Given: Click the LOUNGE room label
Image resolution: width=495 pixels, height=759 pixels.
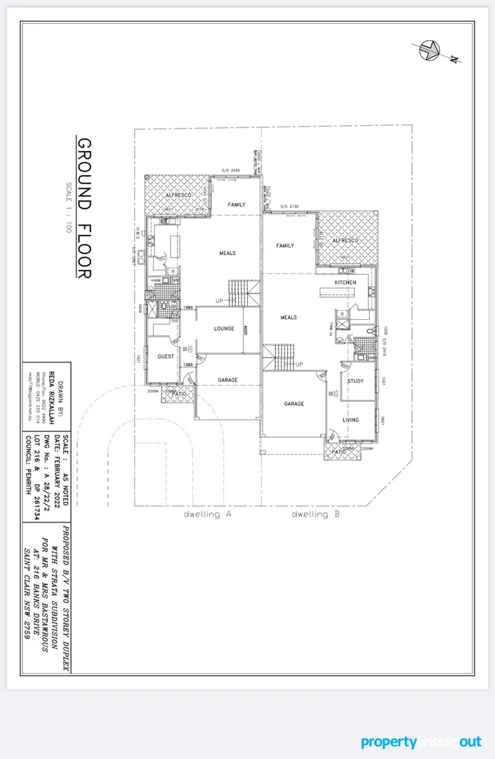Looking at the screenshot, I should click(223, 329).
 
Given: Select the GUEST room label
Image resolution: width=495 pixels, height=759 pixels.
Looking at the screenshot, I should click(166, 356).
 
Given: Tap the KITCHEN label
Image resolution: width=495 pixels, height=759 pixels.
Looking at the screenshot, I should click(345, 283).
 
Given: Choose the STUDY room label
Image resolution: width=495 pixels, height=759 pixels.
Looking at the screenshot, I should click(355, 382).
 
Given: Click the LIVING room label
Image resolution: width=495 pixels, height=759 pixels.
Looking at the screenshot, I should click(350, 420).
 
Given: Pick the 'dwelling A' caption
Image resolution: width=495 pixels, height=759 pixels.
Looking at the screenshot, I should click(208, 514).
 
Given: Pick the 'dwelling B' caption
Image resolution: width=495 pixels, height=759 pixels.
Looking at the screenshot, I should click(316, 514).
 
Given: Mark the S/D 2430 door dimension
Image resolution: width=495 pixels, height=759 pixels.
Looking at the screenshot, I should click(231, 171).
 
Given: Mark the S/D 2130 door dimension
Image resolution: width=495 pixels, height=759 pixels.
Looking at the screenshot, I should click(290, 206).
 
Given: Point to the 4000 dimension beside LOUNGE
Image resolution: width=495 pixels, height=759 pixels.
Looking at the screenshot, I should click(246, 330).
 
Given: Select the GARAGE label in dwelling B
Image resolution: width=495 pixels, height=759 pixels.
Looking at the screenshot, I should click(293, 404).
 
